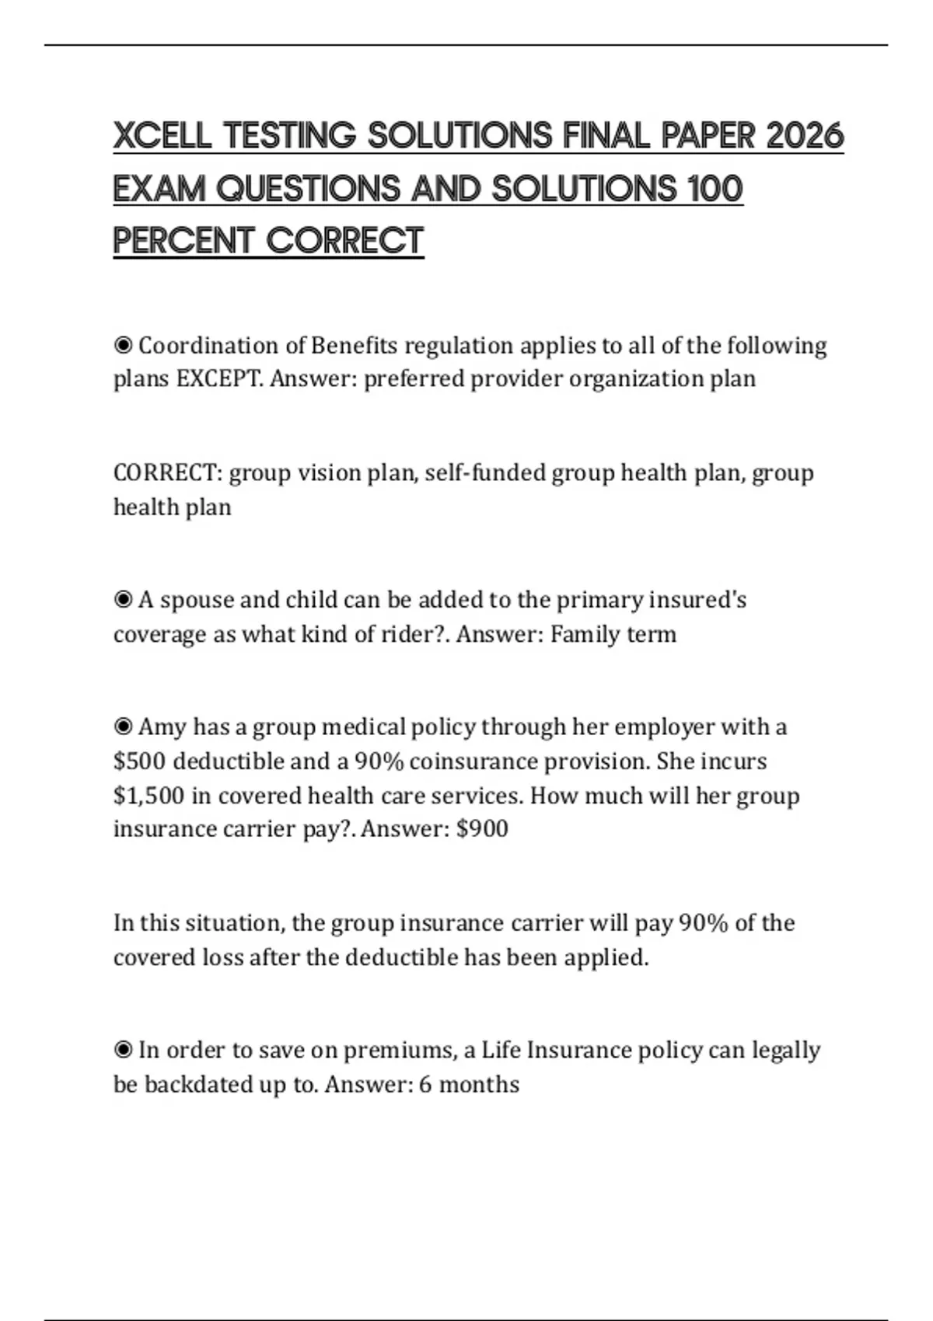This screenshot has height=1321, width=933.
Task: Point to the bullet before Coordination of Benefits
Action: (x=123, y=344)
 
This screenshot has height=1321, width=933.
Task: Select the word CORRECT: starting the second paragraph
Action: (x=168, y=472)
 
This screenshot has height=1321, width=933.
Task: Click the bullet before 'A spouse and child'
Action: (x=123, y=599)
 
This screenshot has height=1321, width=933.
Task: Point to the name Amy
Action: (x=162, y=727)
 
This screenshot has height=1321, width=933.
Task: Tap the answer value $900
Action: (x=482, y=828)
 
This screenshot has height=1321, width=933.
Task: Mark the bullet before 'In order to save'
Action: (x=123, y=1050)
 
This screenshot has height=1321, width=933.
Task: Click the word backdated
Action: (x=201, y=1084)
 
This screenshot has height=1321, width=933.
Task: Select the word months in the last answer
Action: (x=479, y=1084)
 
